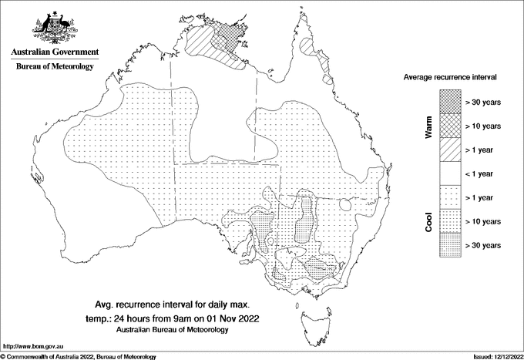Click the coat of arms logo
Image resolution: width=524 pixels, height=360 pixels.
point(53,29)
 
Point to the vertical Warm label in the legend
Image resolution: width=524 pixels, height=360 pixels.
point(428,126)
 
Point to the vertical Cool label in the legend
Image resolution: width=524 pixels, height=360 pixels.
point(428,221)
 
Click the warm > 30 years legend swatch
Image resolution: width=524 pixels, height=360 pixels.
point(449,102)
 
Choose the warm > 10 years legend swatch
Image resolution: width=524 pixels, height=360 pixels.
point(449,126)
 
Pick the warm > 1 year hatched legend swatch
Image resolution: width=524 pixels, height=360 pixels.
point(449,150)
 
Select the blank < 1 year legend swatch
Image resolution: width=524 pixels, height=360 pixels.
point(449,173)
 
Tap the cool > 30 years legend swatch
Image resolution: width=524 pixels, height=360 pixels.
point(449,244)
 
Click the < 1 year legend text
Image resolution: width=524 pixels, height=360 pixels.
point(482,173)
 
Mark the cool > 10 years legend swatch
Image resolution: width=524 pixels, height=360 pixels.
point(449,221)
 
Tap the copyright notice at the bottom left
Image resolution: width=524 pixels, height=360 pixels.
point(78,356)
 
